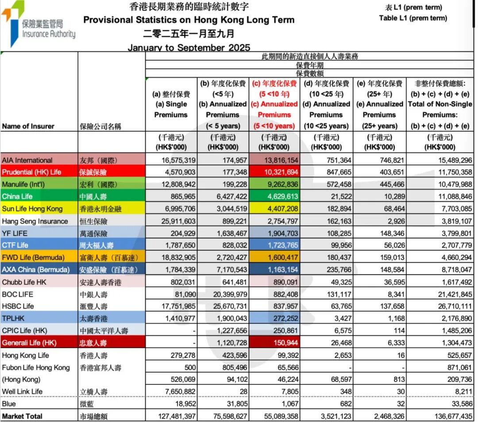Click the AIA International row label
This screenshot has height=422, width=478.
tap(27, 160)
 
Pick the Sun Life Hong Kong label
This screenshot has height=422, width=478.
tap(32, 208)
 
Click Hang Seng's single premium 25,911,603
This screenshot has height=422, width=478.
tap(176, 221)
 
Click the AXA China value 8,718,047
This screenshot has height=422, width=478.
tap(454, 269)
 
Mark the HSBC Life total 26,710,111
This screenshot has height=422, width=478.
tap(454, 306)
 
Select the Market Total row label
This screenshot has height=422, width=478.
tap(22, 416)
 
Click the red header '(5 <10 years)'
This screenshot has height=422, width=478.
tap(274, 126)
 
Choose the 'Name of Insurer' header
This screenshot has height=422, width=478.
tap(28, 126)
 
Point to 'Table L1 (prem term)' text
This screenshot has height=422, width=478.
tap(413, 18)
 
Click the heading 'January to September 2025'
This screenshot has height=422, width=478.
tap(189, 47)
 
